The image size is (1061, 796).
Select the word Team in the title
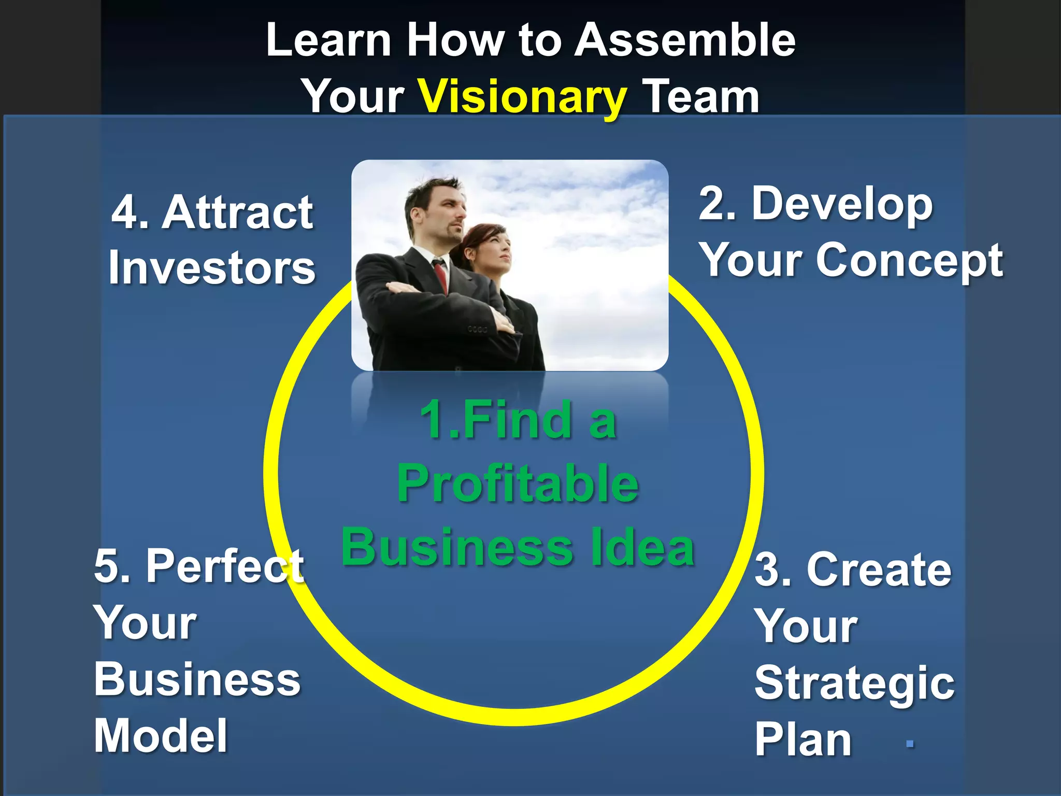pos(700,97)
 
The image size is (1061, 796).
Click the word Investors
pos(212,268)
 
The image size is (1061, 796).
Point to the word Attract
pos(237,212)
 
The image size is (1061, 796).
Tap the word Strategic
pos(854,683)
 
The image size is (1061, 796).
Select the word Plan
pos(802,740)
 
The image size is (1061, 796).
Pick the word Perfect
pos(225,566)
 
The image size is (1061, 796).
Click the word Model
pos(161,736)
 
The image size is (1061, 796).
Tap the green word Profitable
pos(518,484)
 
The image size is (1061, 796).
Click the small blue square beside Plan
pos(910,744)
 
